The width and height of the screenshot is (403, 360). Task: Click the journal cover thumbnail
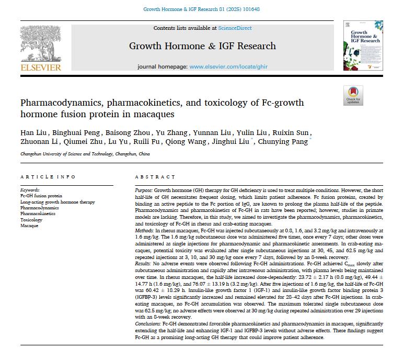point(363,46)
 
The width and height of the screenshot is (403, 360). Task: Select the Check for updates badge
point(353,95)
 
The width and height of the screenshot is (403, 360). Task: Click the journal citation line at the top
point(201,9)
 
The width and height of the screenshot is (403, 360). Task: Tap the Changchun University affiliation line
point(85,154)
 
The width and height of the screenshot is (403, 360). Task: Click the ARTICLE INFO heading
point(48,177)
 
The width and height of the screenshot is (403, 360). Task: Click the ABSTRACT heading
point(155,177)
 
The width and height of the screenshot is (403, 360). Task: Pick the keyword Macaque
point(30,226)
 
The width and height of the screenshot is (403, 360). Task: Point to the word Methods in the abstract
point(144,230)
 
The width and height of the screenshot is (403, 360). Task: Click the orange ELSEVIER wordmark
point(41,67)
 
